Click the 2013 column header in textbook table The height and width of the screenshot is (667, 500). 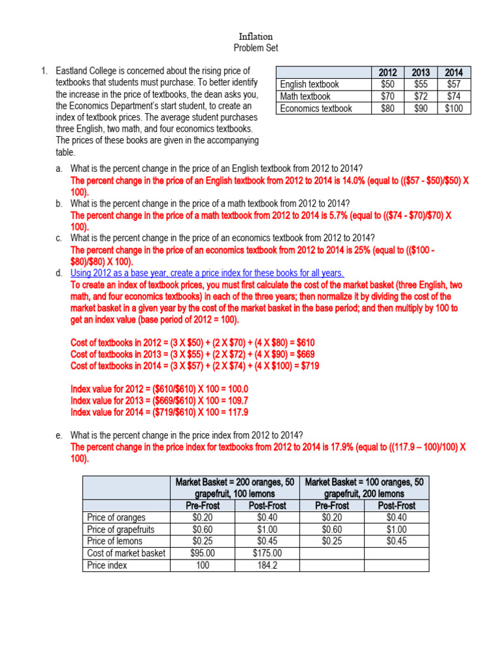click(421, 72)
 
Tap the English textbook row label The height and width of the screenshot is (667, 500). click(309, 85)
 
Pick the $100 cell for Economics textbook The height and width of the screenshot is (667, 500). click(454, 109)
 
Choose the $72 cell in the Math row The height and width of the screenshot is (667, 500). click(421, 96)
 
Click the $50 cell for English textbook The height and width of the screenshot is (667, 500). click(387, 85)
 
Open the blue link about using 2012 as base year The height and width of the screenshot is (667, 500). click(207, 273)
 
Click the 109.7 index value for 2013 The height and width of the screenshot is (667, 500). click(235, 401)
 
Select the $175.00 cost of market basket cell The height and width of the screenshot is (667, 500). click(267, 553)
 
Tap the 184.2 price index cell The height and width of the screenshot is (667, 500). click(267, 565)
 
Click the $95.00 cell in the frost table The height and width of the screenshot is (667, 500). click(202, 553)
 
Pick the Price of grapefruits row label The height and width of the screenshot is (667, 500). click(120, 529)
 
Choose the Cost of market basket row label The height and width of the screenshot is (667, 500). click(126, 553)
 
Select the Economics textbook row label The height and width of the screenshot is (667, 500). click(316, 109)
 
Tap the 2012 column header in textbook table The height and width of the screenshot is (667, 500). click(387, 72)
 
